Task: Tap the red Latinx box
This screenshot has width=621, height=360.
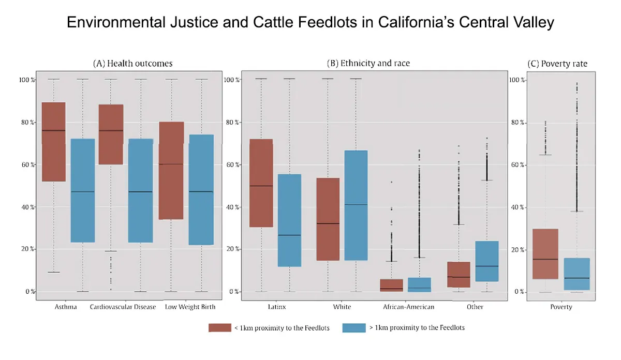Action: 261,183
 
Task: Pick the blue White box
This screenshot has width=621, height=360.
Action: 356,205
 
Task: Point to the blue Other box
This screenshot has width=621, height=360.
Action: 486,261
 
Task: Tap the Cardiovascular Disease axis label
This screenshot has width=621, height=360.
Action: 123,307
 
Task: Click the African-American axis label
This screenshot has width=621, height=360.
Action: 408,307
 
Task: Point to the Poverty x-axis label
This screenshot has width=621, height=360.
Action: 561,307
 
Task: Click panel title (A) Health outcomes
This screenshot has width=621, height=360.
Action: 132,64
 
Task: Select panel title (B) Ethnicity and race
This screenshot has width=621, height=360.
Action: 368,64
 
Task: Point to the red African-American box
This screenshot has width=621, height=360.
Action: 391,286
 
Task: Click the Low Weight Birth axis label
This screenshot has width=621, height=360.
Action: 190,307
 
